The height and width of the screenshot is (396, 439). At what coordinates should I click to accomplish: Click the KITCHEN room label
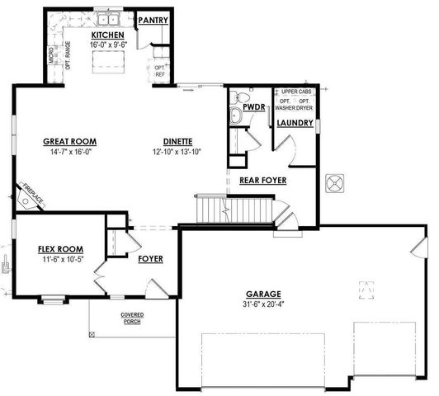[107, 35]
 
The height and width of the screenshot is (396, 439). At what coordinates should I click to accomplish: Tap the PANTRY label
[153, 20]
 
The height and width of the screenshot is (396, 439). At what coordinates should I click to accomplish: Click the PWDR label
[253, 107]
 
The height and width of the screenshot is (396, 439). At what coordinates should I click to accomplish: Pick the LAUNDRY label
[295, 123]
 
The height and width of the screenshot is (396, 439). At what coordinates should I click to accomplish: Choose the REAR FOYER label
[262, 179]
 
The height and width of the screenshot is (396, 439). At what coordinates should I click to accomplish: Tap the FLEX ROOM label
[60, 248]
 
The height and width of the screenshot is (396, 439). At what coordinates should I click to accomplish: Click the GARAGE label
[263, 294]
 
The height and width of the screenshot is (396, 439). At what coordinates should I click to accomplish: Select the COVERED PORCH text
[132, 318]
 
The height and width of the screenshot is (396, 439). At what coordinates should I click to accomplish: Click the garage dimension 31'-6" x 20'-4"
[263, 304]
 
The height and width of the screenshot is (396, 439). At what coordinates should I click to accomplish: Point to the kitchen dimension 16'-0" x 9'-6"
[107, 46]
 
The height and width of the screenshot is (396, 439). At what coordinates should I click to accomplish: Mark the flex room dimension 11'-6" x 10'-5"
[60, 259]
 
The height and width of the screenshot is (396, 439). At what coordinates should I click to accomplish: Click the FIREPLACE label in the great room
[33, 195]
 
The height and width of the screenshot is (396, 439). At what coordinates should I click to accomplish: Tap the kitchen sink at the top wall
[107, 16]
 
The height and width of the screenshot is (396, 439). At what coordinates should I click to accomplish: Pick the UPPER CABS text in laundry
[295, 92]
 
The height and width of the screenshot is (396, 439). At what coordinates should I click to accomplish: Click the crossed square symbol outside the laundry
[336, 182]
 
